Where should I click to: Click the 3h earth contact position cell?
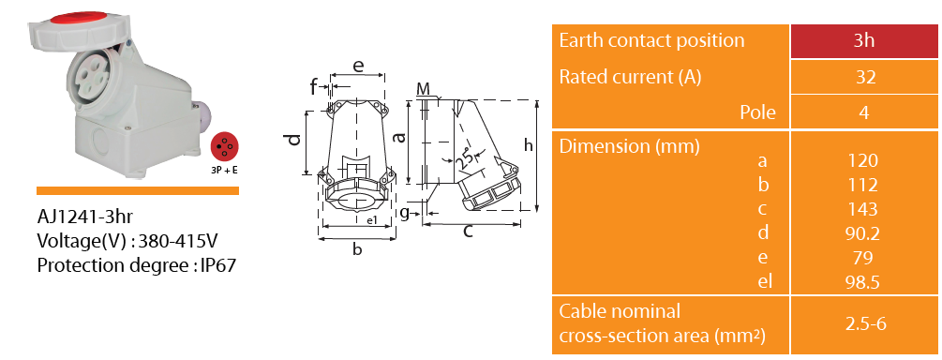pos(864,41)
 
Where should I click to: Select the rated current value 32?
pos(864,77)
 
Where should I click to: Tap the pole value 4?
pos(864,112)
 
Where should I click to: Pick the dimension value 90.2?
pos(862,233)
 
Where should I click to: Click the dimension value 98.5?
pos(862,281)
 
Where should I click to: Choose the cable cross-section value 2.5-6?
pos(866,324)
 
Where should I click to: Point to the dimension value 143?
pos(862,208)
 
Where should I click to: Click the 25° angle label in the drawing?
pos(464,158)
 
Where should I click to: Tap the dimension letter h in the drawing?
pos(528,145)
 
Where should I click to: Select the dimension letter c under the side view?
pos(468,232)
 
